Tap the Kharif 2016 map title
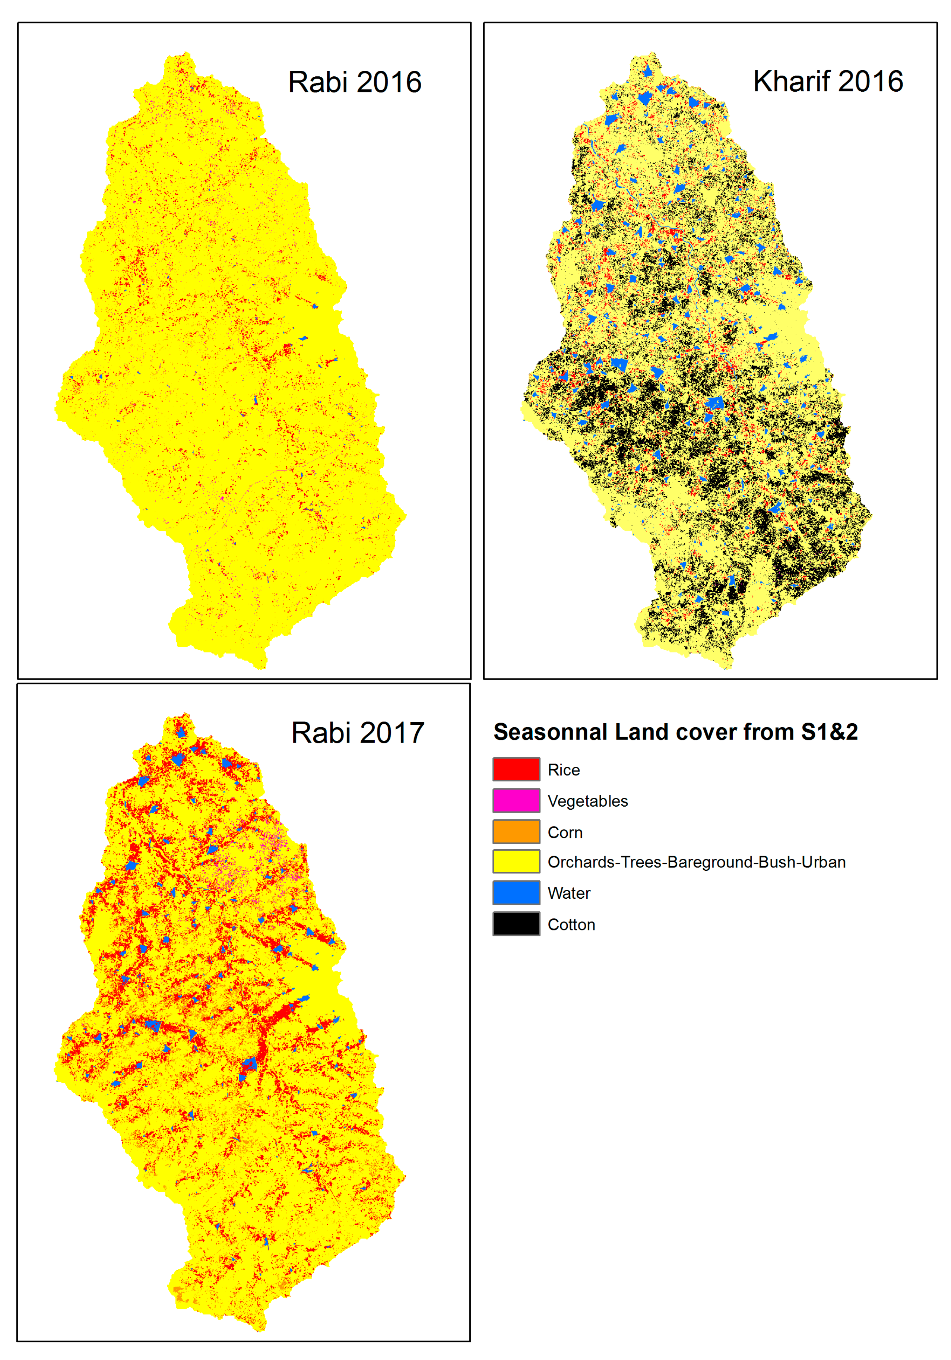click(x=827, y=81)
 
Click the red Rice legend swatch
click(x=516, y=769)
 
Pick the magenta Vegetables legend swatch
click(x=516, y=800)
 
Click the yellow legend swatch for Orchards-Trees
click(x=516, y=861)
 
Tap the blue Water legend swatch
click(x=516, y=893)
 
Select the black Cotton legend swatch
click(x=516, y=923)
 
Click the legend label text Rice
click(x=563, y=770)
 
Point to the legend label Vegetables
click(x=587, y=801)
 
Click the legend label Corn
click(x=565, y=832)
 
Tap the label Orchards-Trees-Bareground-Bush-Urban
click(x=696, y=862)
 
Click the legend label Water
click(x=568, y=893)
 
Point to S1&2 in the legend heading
click(x=829, y=732)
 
